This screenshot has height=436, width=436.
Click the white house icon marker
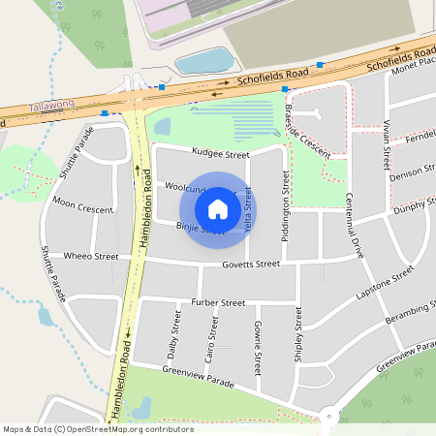[x=218, y=208]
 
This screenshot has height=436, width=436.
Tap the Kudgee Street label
[x=221, y=154]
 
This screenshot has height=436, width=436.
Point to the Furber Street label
[x=218, y=302]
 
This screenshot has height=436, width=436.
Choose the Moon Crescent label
[x=82, y=206]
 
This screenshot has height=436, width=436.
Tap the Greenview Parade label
[x=199, y=377]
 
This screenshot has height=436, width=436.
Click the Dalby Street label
[x=175, y=329]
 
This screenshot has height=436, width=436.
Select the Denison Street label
[x=413, y=173]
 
